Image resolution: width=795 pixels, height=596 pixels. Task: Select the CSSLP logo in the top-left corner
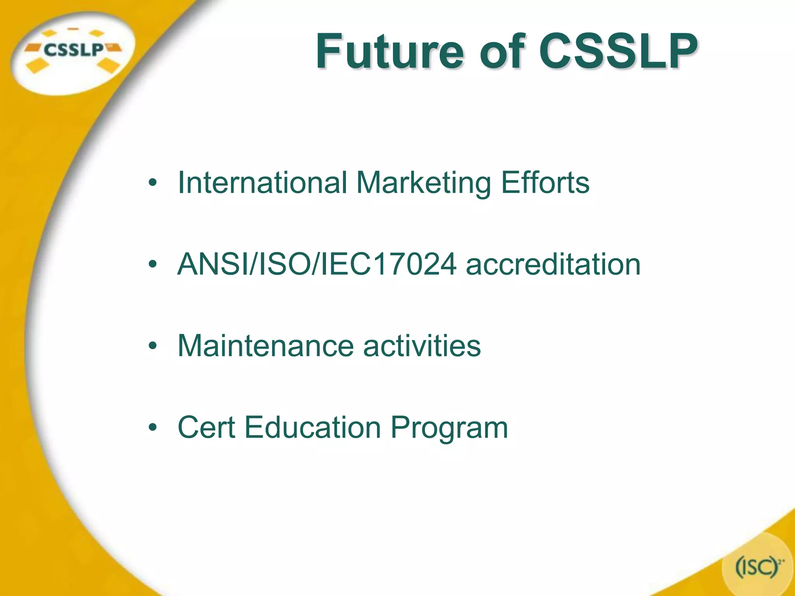click(73, 50)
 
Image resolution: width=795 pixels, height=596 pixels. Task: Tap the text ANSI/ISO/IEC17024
click(317, 264)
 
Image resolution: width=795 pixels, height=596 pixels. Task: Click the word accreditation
click(553, 264)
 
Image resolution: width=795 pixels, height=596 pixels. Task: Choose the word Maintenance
click(266, 346)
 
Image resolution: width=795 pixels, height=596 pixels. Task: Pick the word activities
click(422, 346)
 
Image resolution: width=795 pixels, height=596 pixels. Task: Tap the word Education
click(312, 428)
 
